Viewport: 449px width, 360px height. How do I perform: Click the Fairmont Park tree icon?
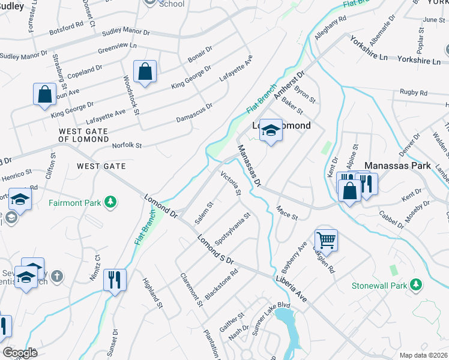coord(110,203)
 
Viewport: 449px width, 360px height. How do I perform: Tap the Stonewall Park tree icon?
coord(415,285)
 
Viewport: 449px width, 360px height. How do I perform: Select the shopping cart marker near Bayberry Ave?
coord(325,240)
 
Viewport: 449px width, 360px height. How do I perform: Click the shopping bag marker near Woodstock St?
coord(145,72)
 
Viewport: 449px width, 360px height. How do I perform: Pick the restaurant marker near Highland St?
coord(114,279)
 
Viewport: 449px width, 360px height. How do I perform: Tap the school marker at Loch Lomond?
coord(271,131)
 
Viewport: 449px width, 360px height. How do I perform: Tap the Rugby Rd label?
coord(414,93)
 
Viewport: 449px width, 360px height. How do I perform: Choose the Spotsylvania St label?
coord(232,229)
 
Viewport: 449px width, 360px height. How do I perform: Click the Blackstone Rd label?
coord(221,284)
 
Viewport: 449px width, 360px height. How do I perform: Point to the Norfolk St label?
coord(127,145)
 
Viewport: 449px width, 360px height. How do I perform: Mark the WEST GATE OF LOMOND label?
coord(82,135)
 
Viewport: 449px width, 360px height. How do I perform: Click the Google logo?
coord(20,353)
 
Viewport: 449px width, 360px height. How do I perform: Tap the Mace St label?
coord(286,212)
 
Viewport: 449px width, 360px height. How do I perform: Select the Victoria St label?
coord(231,184)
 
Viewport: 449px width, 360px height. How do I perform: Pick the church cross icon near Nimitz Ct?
coord(56,276)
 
